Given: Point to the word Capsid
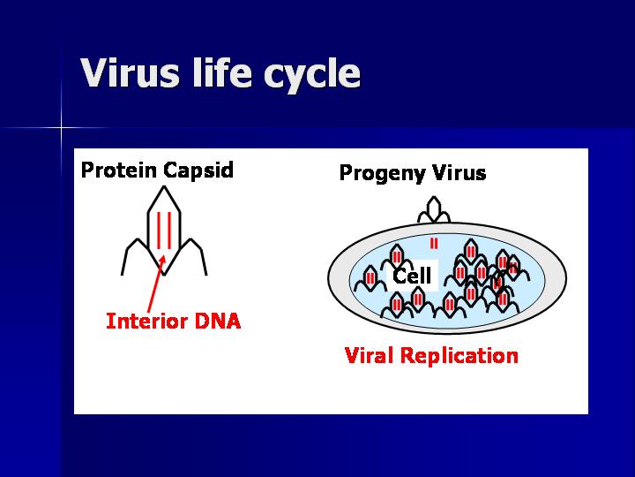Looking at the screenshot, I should pos(198,170).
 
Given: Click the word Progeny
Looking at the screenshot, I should pos(377,173).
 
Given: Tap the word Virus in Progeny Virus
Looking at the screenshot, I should pos(454,172).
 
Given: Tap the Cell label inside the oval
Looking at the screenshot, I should pos(412,276).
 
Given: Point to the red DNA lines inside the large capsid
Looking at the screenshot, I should pos(163,231).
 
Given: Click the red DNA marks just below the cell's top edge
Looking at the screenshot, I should pos(433,243).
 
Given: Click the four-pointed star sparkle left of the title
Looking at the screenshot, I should pos(62,129).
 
